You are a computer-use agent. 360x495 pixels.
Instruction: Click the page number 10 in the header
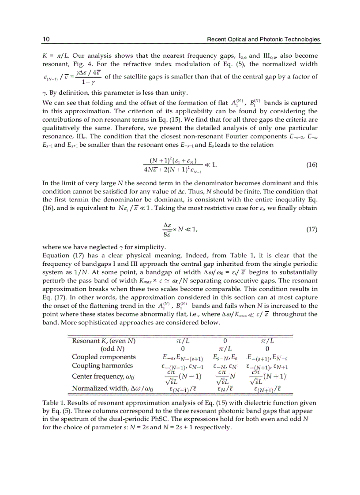pos(45,40)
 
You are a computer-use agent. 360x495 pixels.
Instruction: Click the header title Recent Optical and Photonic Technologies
pos(263,40)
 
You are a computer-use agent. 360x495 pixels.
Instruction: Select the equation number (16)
pos(311,165)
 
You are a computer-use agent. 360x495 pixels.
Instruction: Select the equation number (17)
pos(311,230)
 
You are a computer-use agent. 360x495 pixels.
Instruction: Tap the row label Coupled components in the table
pos(104,357)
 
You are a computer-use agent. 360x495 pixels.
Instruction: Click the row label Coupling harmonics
pos(102,365)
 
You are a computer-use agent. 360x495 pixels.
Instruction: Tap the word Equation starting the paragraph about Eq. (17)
pos(56,256)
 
